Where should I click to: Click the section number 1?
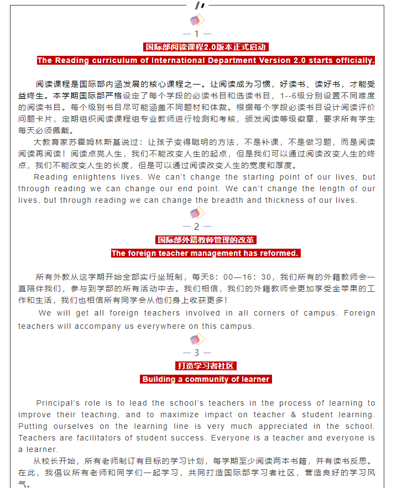196,34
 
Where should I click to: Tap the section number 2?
196,227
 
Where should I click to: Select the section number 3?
196,353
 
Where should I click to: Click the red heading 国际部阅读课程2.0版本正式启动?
205,47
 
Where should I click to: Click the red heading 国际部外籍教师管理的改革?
206,240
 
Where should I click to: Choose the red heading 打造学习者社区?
206,366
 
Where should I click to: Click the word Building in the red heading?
159,379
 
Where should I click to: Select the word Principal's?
58,403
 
